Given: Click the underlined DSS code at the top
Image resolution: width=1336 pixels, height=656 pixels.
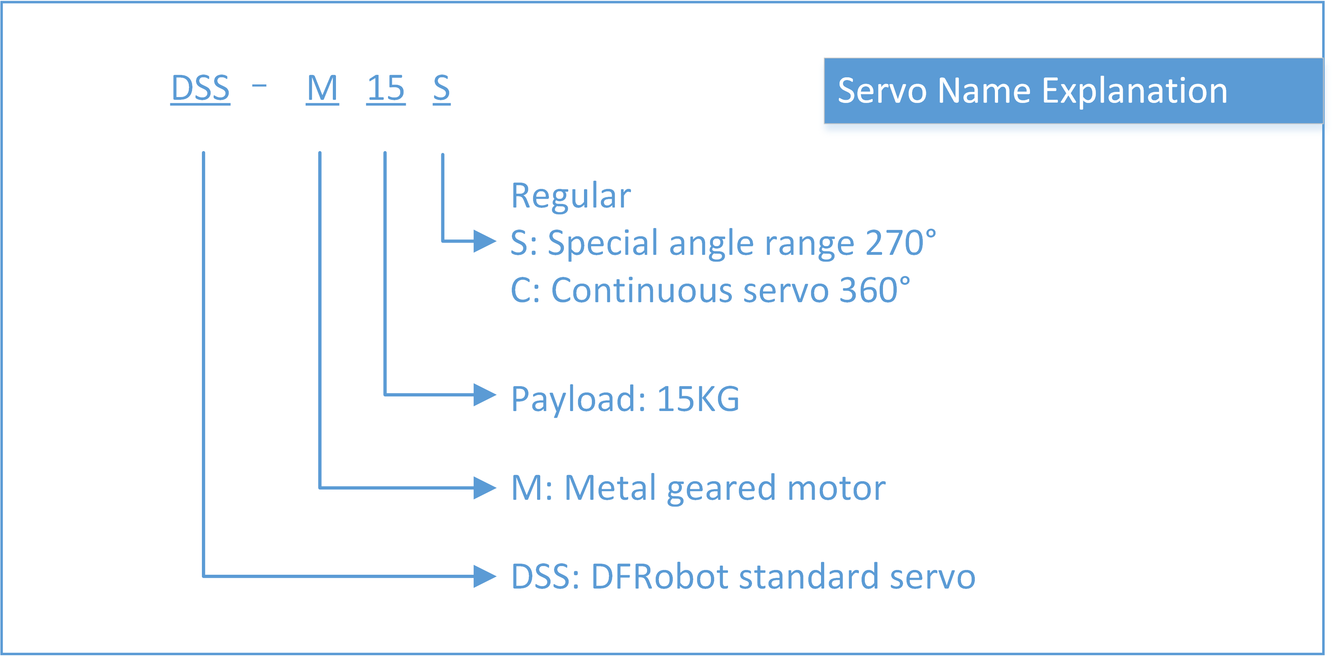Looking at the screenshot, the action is tap(200, 89).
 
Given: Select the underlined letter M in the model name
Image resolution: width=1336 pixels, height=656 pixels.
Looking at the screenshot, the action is tap(322, 89).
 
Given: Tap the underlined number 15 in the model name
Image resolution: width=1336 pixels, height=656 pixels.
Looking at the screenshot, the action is tap(386, 89).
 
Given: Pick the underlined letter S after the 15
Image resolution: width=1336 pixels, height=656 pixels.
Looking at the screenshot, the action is tap(442, 89).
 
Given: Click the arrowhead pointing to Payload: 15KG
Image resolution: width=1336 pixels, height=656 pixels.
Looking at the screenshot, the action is tap(485, 395).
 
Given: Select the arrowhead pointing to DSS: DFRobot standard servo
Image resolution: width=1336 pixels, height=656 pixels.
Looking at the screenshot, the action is tap(485, 576).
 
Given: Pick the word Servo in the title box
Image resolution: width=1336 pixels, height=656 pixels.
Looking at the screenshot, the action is tap(882, 91).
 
